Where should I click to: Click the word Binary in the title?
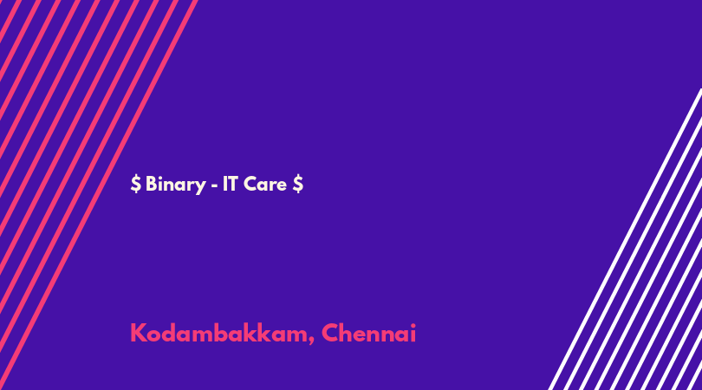pyautogui.click(x=175, y=185)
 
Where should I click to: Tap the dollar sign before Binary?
pyautogui.click(x=136, y=184)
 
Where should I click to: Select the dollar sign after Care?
pyautogui.click(x=298, y=184)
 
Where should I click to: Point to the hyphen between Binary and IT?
pyautogui.click(x=214, y=185)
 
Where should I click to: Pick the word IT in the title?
pyautogui.click(x=230, y=184)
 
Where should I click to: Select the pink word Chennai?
pyautogui.click(x=369, y=333)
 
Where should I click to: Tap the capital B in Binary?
pyautogui.click(x=152, y=184)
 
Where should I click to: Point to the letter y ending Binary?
pyautogui.click(x=200, y=187)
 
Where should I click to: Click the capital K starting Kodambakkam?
pyautogui.click(x=139, y=333)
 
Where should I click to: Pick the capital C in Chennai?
pyautogui.click(x=331, y=333)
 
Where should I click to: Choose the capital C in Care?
pyautogui.click(x=251, y=184)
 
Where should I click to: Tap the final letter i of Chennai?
pyautogui.click(x=413, y=333)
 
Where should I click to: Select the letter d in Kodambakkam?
pyautogui.click(x=172, y=333)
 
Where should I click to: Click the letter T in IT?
pyautogui.click(x=233, y=184)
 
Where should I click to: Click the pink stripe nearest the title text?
pyautogui.click(x=99, y=195)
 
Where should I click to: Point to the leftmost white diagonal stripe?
pyautogui.click(x=625, y=239)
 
